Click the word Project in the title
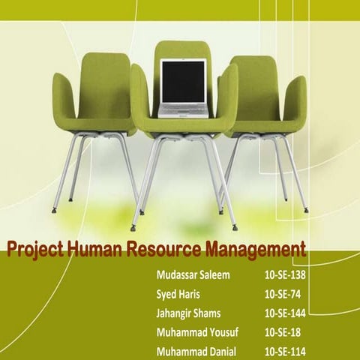(35, 249)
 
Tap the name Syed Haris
(178, 294)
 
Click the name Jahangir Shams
(191, 313)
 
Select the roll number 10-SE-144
(286, 313)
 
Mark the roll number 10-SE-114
(286, 350)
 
